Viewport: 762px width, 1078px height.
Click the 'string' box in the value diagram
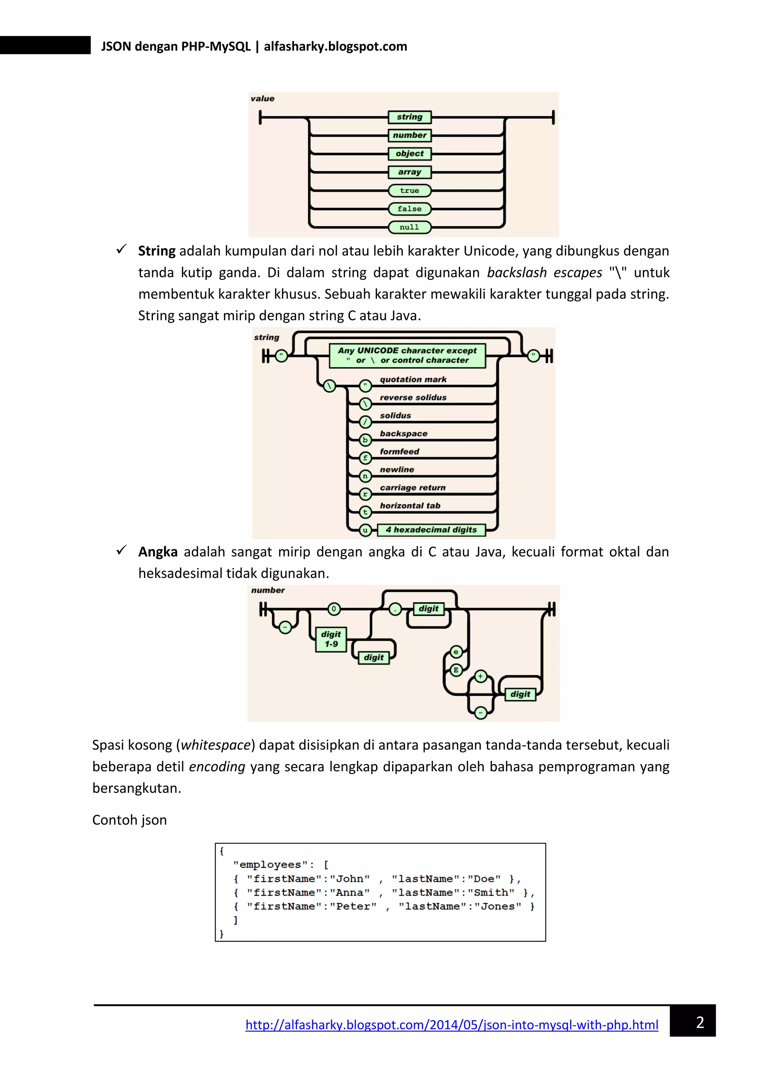pyautogui.click(x=410, y=117)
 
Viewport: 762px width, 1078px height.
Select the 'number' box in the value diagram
pyautogui.click(x=410, y=135)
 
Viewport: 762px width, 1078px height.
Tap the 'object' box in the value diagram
pyautogui.click(x=410, y=153)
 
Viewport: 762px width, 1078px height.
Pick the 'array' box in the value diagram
pyautogui.click(x=410, y=172)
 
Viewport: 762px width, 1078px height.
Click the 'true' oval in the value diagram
pyautogui.click(x=410, y=190)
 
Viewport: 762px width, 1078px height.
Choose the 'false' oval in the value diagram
pyautogui.click(x=410, y=208)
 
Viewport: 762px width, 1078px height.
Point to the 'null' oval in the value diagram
pyautogui.click(x=410, y=227)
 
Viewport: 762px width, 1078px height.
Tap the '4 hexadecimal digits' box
pyautogui.click(x=431, y=530)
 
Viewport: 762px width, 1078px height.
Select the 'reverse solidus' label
pyautogui.click(x=413, y=397)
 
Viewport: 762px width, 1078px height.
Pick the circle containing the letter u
pyautogui.click(x=365, y=530)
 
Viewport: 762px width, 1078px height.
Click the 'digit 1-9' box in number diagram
pyautogui.click(x=331, y=639)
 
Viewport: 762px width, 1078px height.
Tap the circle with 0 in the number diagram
pyautogui.click(x=334, y=609)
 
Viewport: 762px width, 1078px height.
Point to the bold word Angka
pyautogui.click(x=158, y=552)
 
